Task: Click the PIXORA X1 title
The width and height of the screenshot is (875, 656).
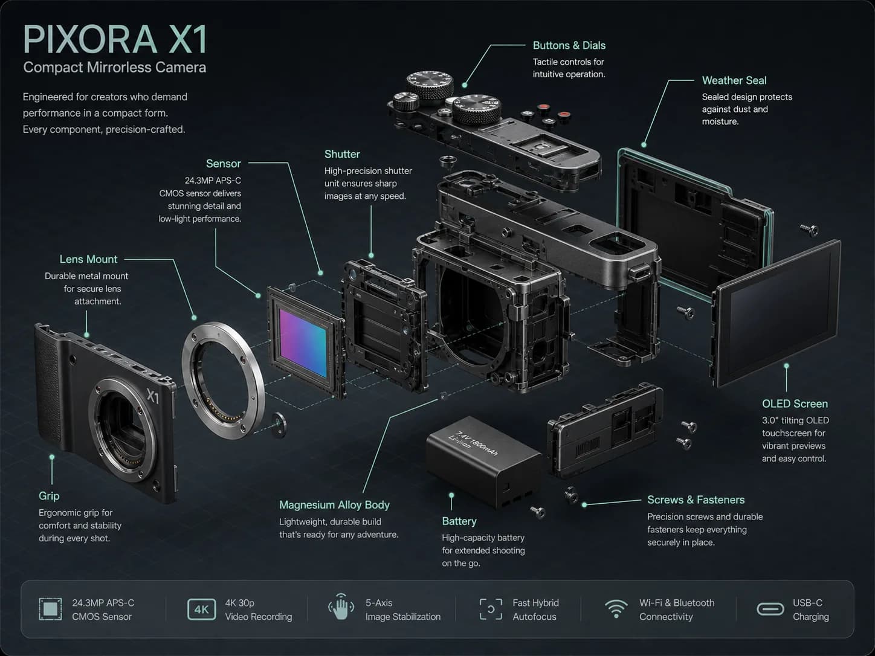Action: click(x=115, y=39)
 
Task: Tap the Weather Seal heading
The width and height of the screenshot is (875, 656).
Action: click(x=734, y=80)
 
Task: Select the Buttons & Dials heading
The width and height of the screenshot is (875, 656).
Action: click(x=569, y=46)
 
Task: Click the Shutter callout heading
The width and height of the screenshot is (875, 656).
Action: click(x=342, y=154)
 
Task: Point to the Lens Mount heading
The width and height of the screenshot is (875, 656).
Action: click(x=88, y=259)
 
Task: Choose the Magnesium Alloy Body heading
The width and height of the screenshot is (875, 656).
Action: click(x=334, y=505)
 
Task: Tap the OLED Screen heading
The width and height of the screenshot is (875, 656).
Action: click(x=795, y=404)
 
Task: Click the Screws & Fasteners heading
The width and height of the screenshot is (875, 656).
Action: click(x=696, y=500)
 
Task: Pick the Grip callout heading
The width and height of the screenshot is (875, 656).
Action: click(x=49, y=497)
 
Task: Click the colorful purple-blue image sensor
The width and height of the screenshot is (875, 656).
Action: click(x=303, y=342)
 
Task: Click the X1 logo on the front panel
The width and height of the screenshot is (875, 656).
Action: click(x=153, y=396)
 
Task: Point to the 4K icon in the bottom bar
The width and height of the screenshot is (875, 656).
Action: click(x=202, y=609)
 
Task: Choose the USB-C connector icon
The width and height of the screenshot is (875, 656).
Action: click(x=770, y=609)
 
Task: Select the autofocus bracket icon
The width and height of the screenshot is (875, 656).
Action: click(x=491, y=609)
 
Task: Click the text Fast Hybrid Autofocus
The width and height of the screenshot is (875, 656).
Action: click(x=535, y=610)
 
